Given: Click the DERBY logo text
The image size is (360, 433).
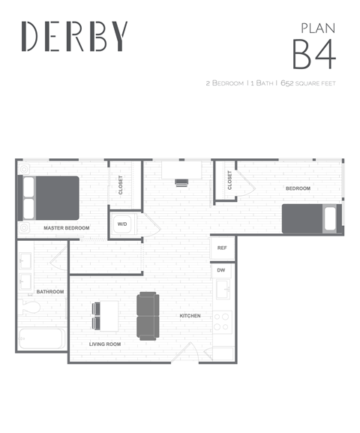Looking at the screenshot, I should [74, 36].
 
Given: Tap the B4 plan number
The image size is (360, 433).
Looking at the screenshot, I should [313, 55].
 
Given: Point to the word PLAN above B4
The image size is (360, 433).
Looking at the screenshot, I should [317, 27].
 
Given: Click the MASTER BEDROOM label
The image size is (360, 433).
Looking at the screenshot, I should [66, 227].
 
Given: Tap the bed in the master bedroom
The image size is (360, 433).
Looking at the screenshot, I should [50, 197].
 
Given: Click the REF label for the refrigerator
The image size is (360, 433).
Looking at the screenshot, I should [223, 248].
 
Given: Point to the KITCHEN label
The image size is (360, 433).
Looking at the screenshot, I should [190, 316].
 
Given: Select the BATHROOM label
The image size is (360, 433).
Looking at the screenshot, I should [50, 291].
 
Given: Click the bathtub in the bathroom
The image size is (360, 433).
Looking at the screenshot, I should [41, 339].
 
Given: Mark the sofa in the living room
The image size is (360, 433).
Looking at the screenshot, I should [148, 315].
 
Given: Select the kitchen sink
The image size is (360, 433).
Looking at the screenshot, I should [223, 290].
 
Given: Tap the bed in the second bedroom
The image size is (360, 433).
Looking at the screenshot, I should [311, 218].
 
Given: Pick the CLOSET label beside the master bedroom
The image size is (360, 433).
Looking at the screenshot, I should [121, 185].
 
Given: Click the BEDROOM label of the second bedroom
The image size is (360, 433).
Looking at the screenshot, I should [297, 188].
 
